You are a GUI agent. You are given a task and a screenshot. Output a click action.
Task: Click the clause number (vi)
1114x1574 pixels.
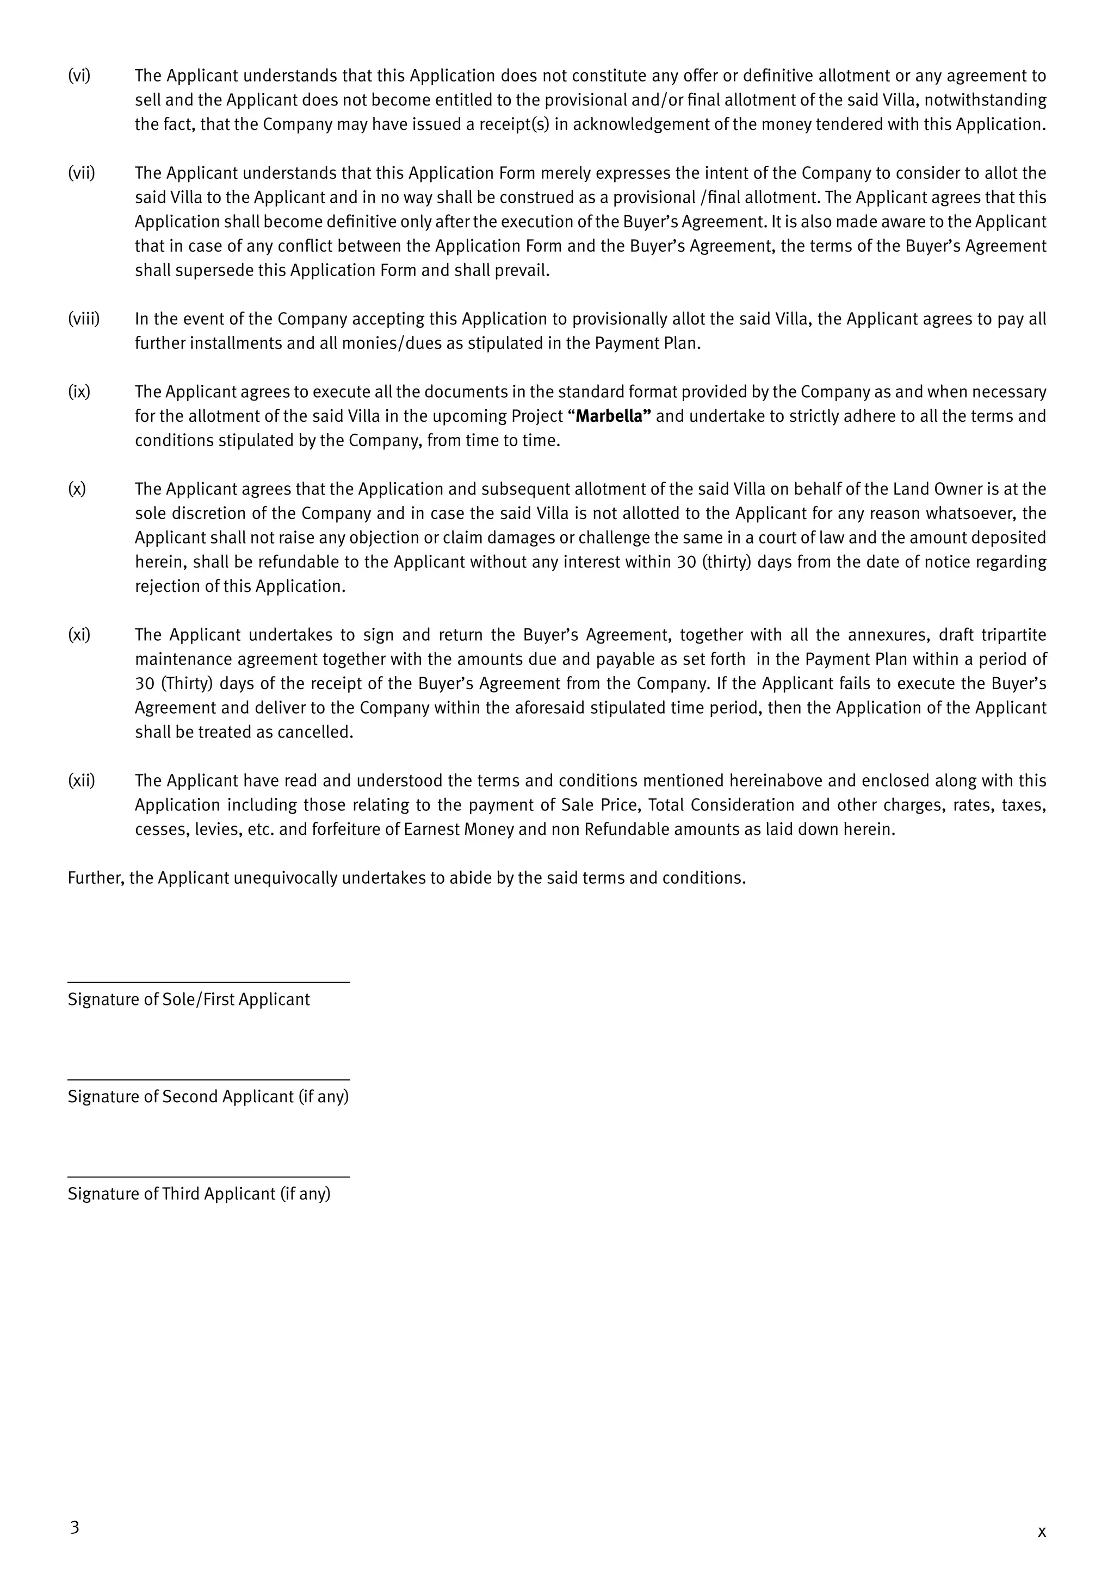[79, 76]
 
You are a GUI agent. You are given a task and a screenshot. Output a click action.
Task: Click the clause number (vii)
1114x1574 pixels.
[81, 173]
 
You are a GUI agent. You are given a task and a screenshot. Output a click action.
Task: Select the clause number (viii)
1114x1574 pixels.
[83, 319]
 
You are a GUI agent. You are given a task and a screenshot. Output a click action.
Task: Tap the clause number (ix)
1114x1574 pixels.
[79, 391]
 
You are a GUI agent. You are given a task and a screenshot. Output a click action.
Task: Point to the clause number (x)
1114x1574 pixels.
[77, 489]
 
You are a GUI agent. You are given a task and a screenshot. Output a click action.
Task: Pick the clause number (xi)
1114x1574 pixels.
[79, 635]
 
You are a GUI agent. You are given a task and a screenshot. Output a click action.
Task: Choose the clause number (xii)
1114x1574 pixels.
[81, 781]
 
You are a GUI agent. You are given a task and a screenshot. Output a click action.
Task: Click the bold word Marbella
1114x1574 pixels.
[609, 416]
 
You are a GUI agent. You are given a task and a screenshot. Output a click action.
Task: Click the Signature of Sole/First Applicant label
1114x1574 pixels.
[189, 1000]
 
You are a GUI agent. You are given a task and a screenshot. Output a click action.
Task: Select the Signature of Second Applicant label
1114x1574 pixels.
[208, 1097]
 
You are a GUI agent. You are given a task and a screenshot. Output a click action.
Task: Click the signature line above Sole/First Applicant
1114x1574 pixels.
[208, 982]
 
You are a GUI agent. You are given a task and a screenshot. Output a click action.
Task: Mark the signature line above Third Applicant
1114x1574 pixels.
[208, 1177]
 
